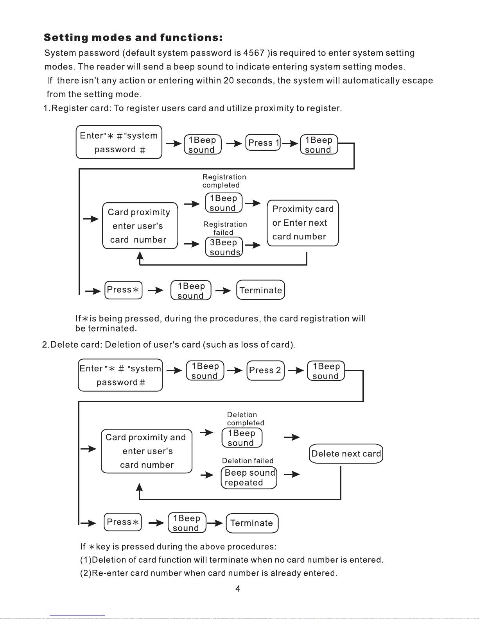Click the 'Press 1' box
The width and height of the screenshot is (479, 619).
(263, 143)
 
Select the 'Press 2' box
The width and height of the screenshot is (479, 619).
(266, 370)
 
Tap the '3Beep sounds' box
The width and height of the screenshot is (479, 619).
(224, 247)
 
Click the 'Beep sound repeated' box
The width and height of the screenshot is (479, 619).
(249, 477)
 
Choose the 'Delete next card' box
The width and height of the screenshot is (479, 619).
(346, 453)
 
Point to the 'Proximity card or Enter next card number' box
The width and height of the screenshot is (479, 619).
(303, 223)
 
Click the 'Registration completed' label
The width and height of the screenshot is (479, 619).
(224, 181)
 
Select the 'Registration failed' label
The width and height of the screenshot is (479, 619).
(225, 228)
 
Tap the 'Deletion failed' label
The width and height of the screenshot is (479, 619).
(248, 460)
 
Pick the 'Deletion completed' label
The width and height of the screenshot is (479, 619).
(246, 418)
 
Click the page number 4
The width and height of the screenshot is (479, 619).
(238, 589)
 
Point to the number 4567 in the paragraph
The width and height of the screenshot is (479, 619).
(254, 53)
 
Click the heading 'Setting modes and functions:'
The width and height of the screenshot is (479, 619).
(133, 37)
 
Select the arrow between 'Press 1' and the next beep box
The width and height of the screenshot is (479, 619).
(290, 143)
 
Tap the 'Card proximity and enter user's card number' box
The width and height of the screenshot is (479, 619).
(147, 451)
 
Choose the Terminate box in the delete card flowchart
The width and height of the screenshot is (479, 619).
(252, 523)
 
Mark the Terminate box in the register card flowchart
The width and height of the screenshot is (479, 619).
(260, 290)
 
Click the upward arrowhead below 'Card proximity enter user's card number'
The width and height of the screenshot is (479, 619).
(140, 255)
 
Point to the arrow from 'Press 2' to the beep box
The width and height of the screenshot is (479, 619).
(296, 370)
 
